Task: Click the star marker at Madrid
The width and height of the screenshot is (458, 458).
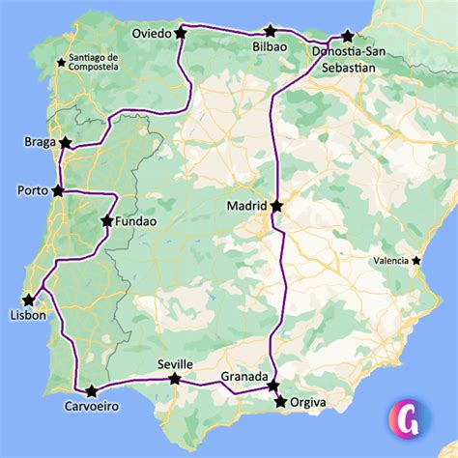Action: (x=277, y=206)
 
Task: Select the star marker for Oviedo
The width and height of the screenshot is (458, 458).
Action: (x=181, y=33)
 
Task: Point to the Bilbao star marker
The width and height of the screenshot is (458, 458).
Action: (x=268, y=33)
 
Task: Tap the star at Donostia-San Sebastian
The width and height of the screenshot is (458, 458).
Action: (x=348, y=36)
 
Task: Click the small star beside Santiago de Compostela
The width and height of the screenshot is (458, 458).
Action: (x=63, y=64)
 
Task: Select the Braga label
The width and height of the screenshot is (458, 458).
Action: (x=39, y=143)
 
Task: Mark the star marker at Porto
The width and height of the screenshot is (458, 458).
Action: (x=58, y=190)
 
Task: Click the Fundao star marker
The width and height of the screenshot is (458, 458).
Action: (x=106, y=221)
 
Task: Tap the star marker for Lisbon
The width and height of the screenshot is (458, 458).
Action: (x=29, y=300)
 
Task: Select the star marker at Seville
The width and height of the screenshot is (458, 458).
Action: (x=175, y=379)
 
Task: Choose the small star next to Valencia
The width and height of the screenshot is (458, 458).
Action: (x=416, y=261)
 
